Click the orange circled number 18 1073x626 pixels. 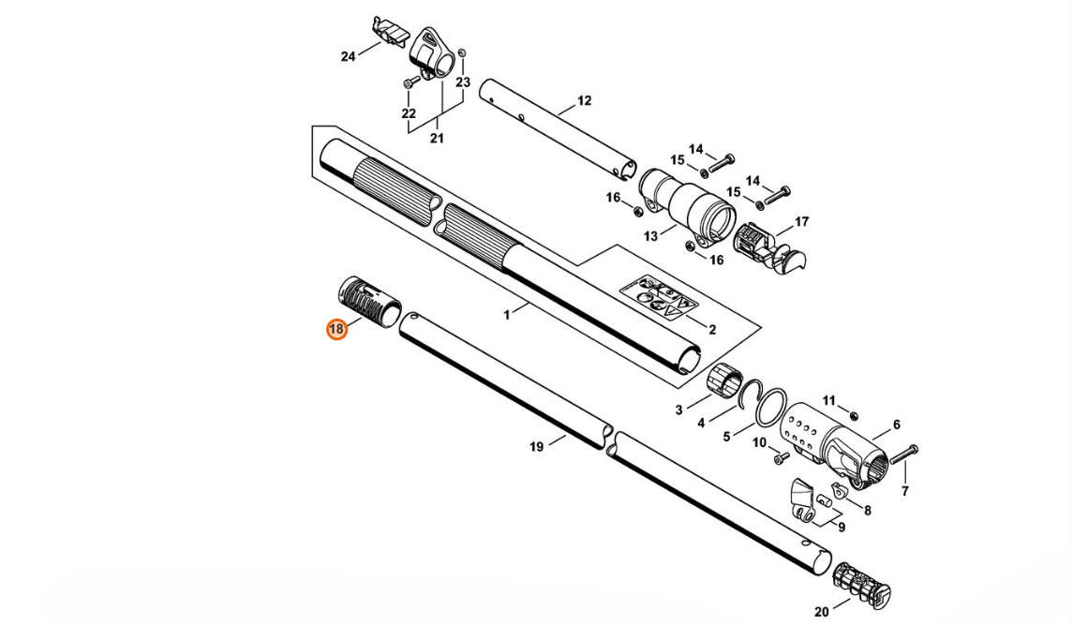pos(336,330)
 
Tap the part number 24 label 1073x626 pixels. pos(349,56)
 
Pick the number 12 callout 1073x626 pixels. pos(584,100)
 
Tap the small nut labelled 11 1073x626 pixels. pos(853,415)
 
